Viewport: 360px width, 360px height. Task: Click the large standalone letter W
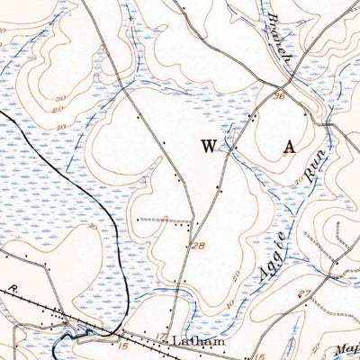pos(208,146)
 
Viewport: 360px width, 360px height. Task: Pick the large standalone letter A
pos(289,148)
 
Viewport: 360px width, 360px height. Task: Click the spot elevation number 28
pos(197,246)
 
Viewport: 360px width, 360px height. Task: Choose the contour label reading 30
pos(297,180)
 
